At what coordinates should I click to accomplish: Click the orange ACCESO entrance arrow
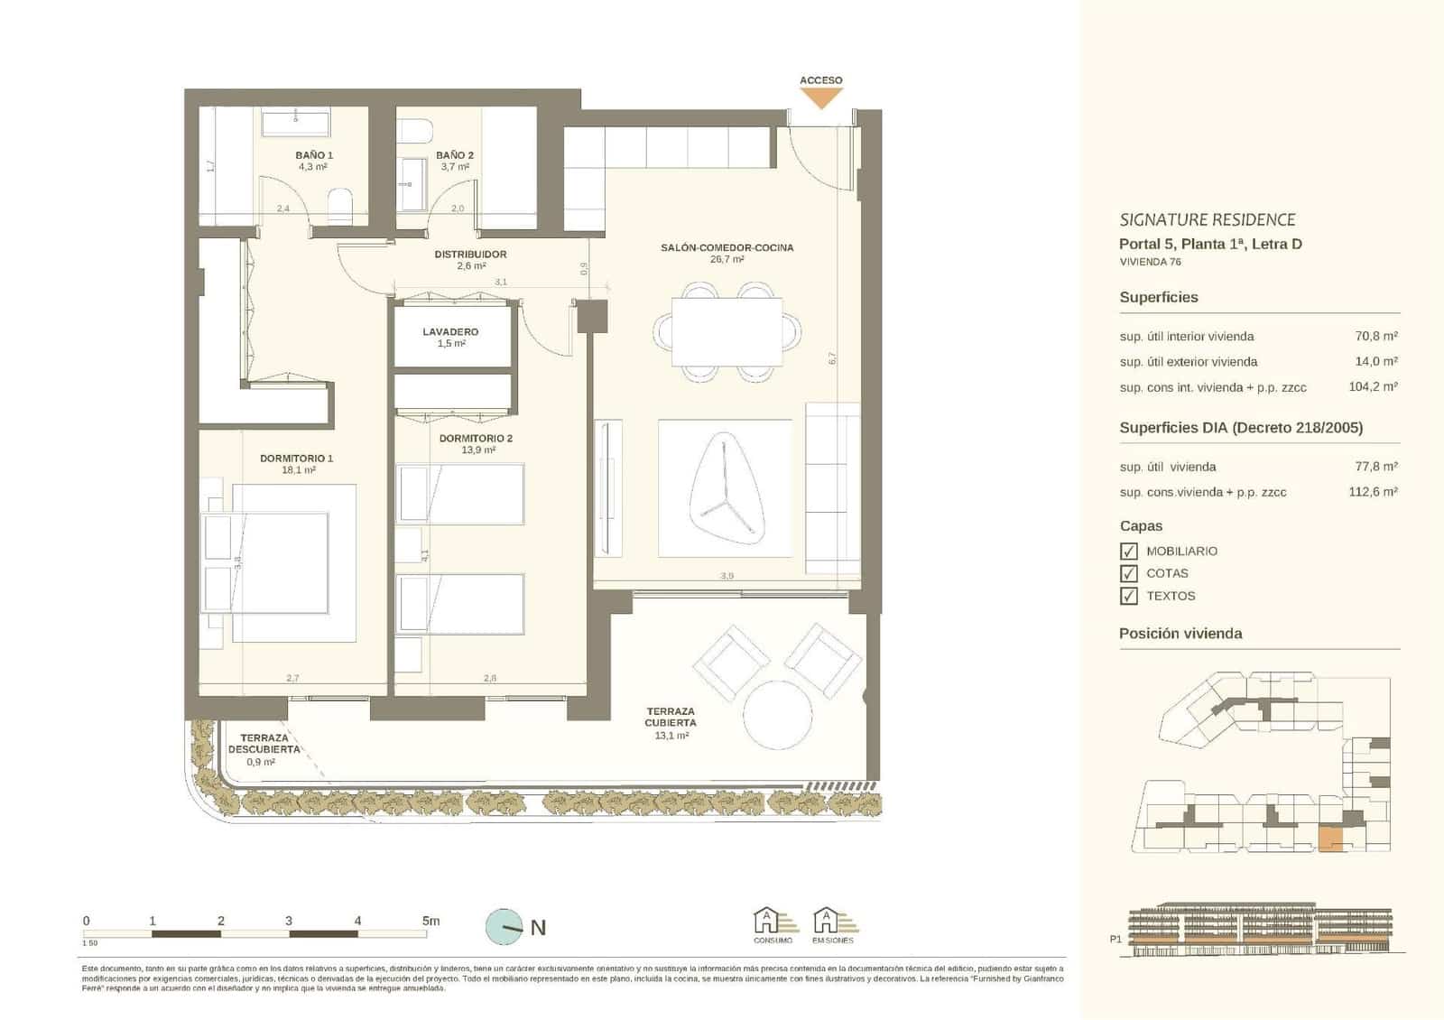pos(820,98)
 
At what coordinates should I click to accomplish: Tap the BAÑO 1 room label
pos(314,155)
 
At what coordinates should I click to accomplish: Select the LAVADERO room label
pos(450,332)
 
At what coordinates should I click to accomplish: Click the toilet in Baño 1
pos(340,206)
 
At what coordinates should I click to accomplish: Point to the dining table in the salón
pos(727,331)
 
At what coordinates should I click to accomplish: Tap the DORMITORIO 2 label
pos(476,439)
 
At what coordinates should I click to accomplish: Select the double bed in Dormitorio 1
pos(280,563)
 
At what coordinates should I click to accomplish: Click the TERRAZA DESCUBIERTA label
pos(264,744)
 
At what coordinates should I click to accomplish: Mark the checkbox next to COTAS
pos(1128,573)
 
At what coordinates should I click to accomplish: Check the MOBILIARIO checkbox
pos(1128,551)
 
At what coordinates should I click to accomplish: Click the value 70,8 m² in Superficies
pos(1375,336)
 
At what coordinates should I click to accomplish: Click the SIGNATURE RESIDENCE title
pos(1207,219)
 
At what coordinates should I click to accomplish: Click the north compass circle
pos(504,927)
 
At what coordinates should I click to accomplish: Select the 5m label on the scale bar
pos(430,921)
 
